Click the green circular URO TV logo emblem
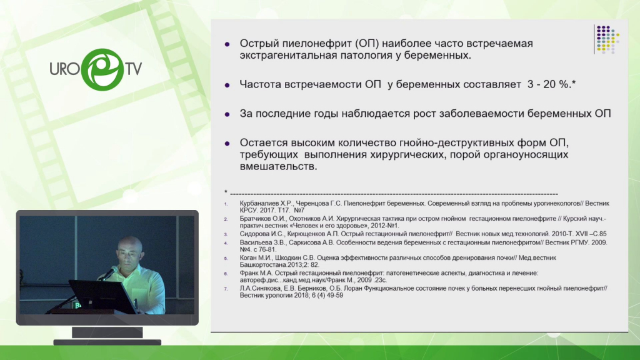click(x=102, y=69)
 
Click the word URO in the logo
click(x=64, y=69)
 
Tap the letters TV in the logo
click(x=134, y=69)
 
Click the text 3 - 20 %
click(x=549, y=84)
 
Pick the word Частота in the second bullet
click(x=260, y=84)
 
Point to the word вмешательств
click(x=278, y=166)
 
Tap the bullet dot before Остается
click(x=227, y=143)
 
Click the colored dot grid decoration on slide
click(x=607, y=39)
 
